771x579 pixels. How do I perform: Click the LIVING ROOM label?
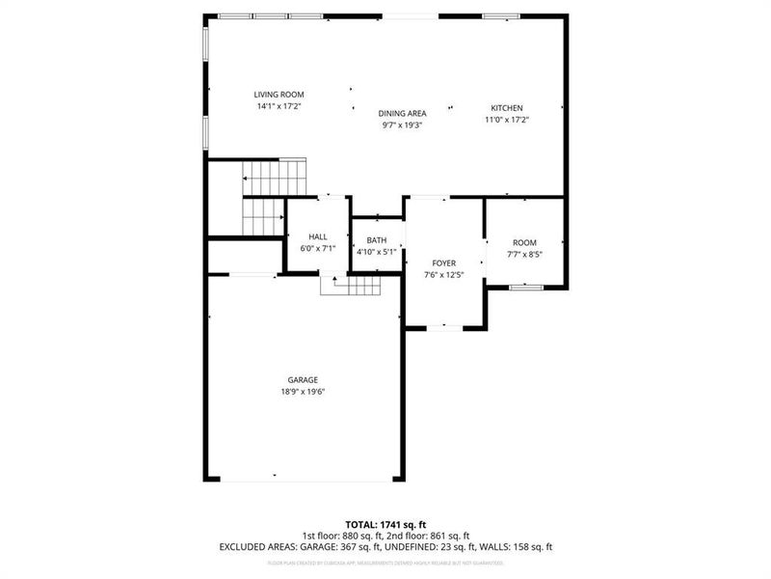(279, 95)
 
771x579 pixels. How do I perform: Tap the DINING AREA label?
(402, 113)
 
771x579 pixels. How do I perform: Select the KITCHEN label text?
(506, 107)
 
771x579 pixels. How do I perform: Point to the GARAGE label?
(302, 379)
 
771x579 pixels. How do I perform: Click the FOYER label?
(443, 262)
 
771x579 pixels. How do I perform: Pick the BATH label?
(376, 240)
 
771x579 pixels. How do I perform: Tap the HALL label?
(317, 236)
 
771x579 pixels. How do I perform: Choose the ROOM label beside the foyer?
(524, 242)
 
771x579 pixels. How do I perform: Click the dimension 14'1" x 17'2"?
(279, 106)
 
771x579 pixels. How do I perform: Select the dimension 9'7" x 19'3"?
(402, 124)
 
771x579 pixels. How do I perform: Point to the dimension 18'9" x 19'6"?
(302, 392)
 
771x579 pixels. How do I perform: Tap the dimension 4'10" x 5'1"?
(376, 252)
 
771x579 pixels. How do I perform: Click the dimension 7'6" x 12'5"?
(443, 275)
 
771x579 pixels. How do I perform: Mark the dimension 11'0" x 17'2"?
(506, 120)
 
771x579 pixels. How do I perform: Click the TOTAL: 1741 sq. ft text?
(385, 524)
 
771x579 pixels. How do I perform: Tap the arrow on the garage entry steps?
(334, 281)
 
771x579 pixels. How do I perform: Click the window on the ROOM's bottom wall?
(524, 287)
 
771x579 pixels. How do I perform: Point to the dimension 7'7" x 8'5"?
(524, 255)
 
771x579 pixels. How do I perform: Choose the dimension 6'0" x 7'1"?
(317, 248)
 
